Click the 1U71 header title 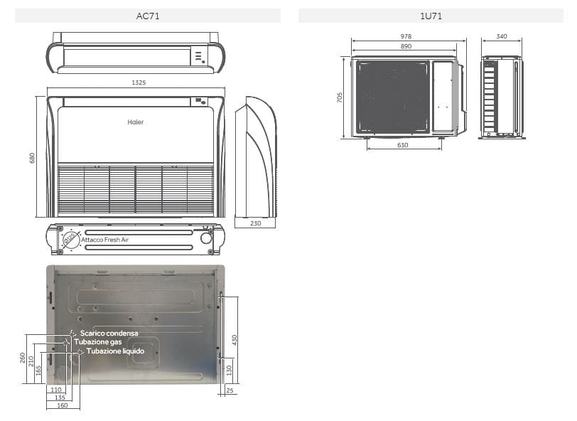[x=431, y=16]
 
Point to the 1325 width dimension [x=139, y=83]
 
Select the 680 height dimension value [x=32, y=157]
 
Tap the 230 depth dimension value [x=256, y=224]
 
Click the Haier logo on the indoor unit [x=135, y=122]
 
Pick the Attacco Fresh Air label [x=105, y=240]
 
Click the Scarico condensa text [x=109, y=333]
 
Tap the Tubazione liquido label [x=115, y=351]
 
